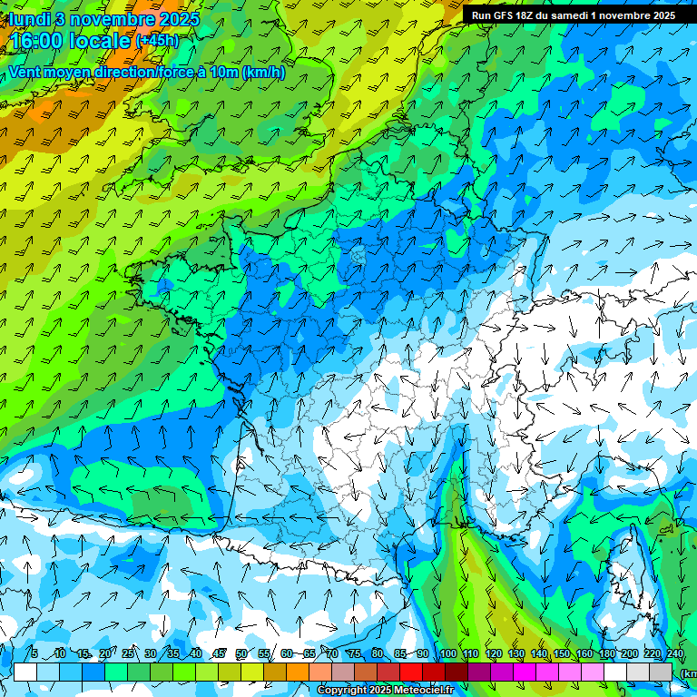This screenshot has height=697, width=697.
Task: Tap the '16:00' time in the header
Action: pos(37,41)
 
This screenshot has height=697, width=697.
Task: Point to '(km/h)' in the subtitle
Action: pos(263,73)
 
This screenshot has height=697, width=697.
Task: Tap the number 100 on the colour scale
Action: pos(447,654)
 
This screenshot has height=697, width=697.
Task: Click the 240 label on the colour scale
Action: pos(674,654)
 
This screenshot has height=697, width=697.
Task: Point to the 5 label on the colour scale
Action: pos(34,654)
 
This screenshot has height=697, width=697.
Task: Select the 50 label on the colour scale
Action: pos(241,654)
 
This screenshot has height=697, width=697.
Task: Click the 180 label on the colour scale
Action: pos(606,654)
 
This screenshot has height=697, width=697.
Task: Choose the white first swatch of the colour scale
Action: pos(25,672)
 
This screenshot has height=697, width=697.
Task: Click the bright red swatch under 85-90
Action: pos(411,672)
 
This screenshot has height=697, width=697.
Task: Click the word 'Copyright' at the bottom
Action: pos(342,691)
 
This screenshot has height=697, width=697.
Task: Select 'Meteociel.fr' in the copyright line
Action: pos(427,691)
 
